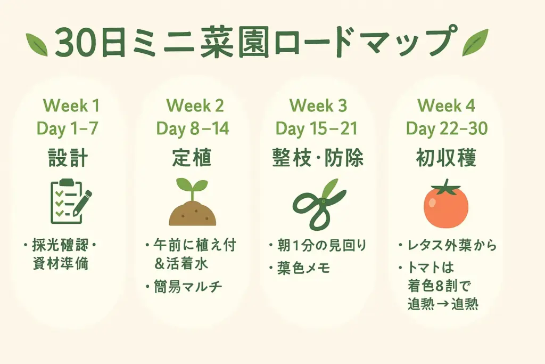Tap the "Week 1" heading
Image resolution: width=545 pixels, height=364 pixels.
click(71, 106)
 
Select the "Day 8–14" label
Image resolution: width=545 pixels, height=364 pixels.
click(192, 128)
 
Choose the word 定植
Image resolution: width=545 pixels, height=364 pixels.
click(192, 158)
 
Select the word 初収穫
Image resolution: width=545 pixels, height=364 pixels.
click(446, 158)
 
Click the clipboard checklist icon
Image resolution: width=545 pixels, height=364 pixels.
click(64, 201)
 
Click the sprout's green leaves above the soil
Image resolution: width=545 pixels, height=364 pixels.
click(192, 187)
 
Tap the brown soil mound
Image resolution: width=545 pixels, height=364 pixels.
click(192, 213)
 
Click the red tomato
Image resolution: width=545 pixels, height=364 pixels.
click(445, 208)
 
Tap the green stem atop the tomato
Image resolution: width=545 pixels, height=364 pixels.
click(445, 187)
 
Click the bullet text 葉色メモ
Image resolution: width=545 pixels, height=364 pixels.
click(304, 268)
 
